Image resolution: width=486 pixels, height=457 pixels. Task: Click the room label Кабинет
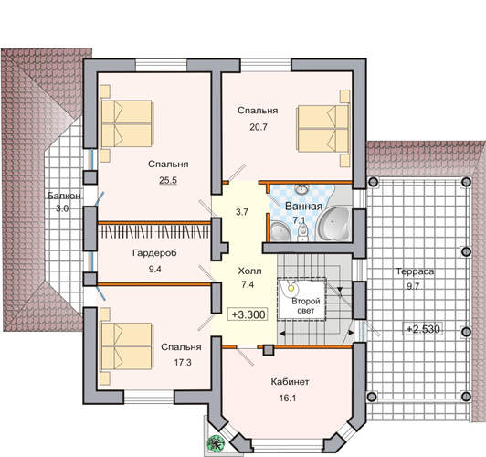290,382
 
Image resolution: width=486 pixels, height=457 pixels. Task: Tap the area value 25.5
168,180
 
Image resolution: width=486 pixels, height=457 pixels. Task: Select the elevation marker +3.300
248,314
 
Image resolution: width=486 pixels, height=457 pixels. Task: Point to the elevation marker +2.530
422,329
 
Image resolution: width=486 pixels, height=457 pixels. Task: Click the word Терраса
415,271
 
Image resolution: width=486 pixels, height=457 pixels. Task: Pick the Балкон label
64,196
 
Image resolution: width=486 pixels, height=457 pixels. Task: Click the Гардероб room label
154,253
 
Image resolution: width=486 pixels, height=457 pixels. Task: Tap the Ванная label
303,207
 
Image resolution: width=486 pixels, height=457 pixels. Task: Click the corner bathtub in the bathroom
334,222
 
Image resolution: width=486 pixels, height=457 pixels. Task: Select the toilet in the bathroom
301,232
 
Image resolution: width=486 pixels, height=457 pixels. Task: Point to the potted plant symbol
216,441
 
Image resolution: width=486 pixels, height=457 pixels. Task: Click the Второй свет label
305,305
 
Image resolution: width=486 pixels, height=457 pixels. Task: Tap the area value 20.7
259,127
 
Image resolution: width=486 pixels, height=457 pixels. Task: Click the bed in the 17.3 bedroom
126,346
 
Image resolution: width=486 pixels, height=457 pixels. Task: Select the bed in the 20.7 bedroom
322,128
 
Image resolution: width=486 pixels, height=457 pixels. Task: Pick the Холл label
249,271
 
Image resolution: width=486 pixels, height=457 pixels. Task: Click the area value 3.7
242,212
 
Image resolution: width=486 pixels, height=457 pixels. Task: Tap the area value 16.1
288,398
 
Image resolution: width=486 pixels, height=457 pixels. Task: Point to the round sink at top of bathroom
301,189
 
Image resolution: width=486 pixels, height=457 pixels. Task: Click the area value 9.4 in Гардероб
154,269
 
